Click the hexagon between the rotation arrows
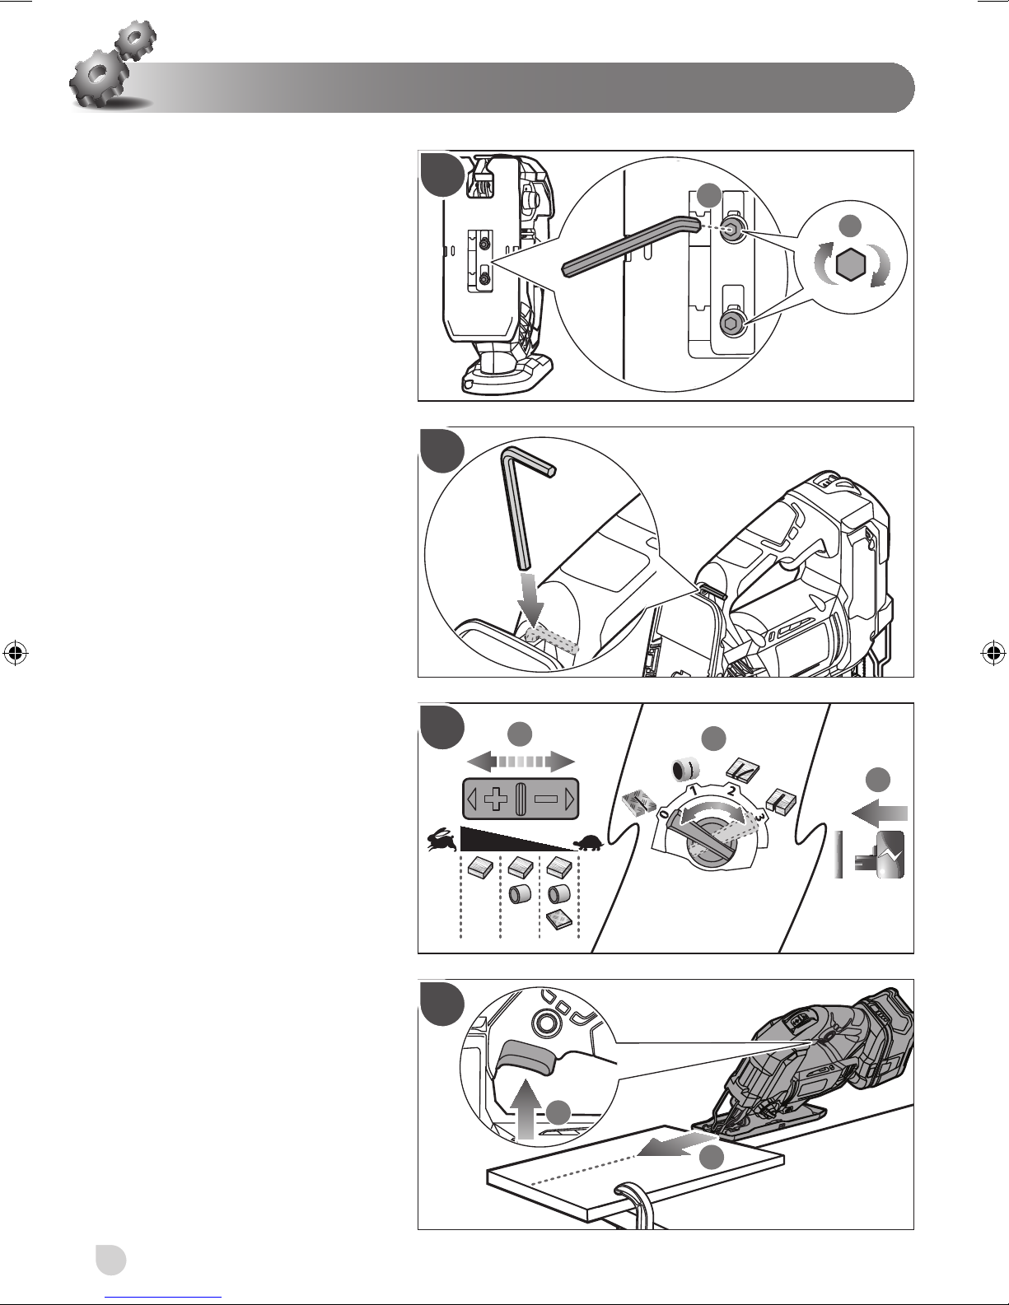853,265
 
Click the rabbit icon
440,841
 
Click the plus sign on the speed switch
495,799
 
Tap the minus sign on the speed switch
545,799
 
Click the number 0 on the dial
663,813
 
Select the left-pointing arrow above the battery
879,813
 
